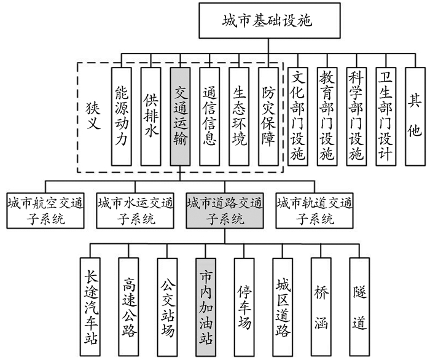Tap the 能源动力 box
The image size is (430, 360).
pos(121,116)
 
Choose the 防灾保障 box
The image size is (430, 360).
pos(268,116)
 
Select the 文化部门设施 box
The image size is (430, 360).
pos(298,116)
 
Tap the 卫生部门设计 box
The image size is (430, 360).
pos(386,116)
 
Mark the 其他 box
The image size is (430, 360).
pos(416,116)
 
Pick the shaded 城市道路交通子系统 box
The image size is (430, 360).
pos(224,211)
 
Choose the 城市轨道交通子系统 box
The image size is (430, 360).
pos(314,211)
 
